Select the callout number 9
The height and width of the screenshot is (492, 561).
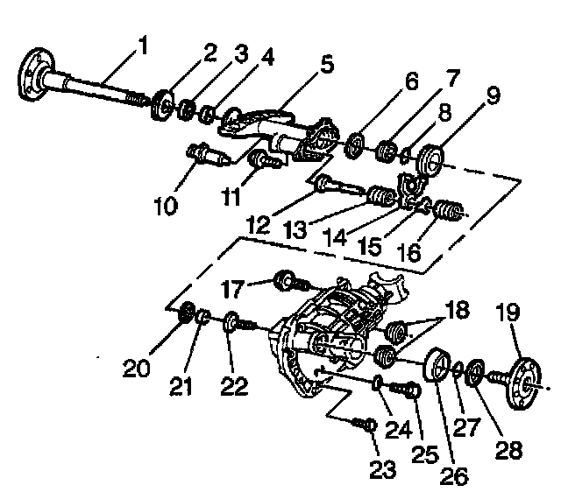pyautogui.click(x=494, y=95)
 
